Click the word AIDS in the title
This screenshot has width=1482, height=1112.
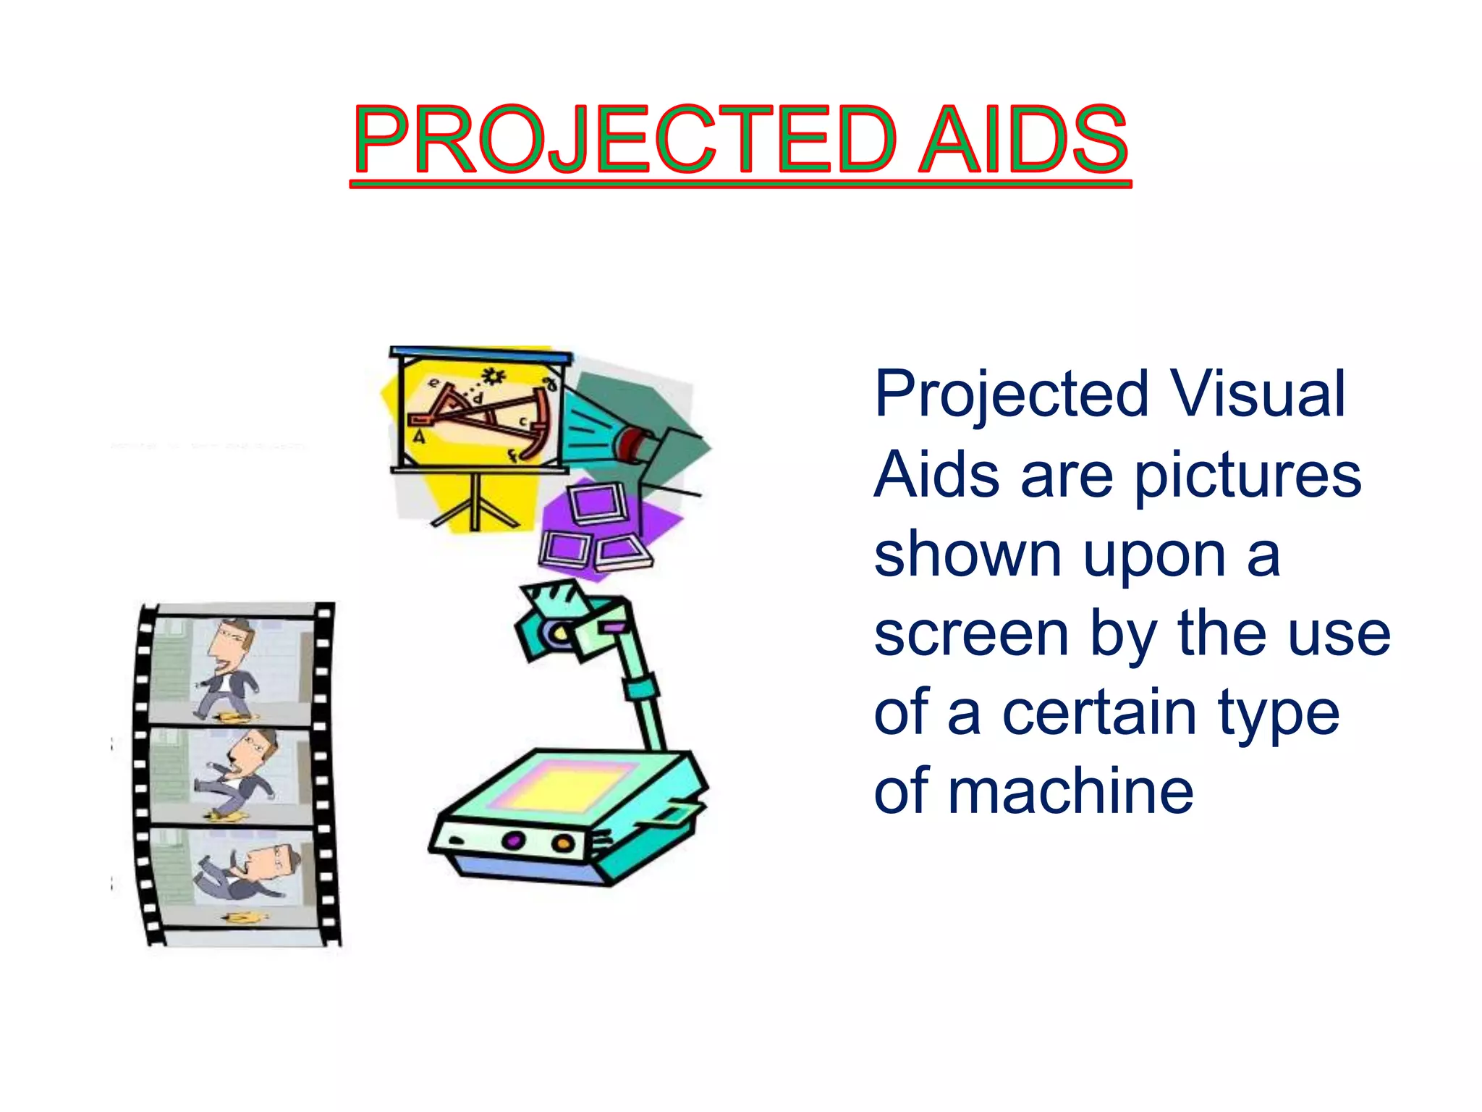pyautogui.click(x=1023, y=139)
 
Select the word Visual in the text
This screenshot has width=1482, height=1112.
pyautogui.click(x=1258, y=395)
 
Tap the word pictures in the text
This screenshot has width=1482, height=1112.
pyautogui.click(x=1248, y=476)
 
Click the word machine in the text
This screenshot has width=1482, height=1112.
pyautogui.click(x=1070, y=792)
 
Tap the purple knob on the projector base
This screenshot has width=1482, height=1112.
pyautogui.click(x=512, y=841)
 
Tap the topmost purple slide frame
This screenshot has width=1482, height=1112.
pyautogui.click(x=598, y=503)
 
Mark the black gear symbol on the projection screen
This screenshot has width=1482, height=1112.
pyautogui.click(x=494, y=375)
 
